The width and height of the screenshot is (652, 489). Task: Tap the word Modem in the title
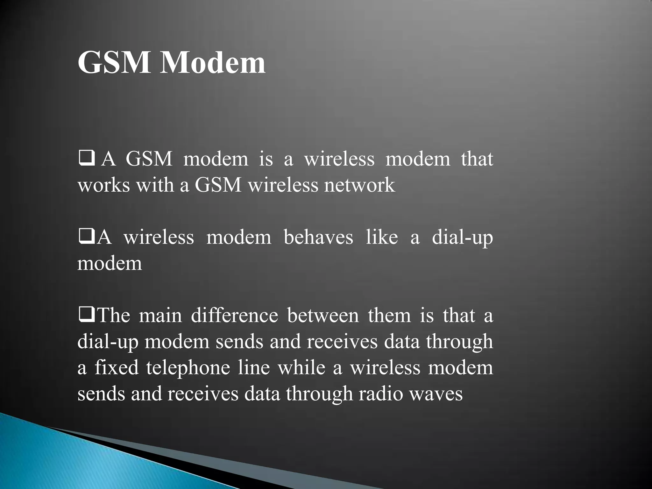pyautogui.click(x=213, y=62)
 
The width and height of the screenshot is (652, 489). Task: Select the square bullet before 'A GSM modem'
pyautogui.click(x=86, y=159)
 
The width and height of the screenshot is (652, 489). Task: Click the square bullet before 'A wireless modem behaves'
pyautogui.click(x=86, y=237)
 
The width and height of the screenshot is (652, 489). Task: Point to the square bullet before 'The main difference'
pyautogui.click(x=86, y=315)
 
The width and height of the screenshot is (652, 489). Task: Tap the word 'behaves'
pyautogui.click(x=318, y=237)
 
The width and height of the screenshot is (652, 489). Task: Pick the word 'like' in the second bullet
pyautogui.click(x=381, y=237)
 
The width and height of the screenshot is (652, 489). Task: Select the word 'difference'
pyautogui.click(x=234, y=315)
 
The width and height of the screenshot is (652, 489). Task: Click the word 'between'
pyautogui.click(x=323, y=315)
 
